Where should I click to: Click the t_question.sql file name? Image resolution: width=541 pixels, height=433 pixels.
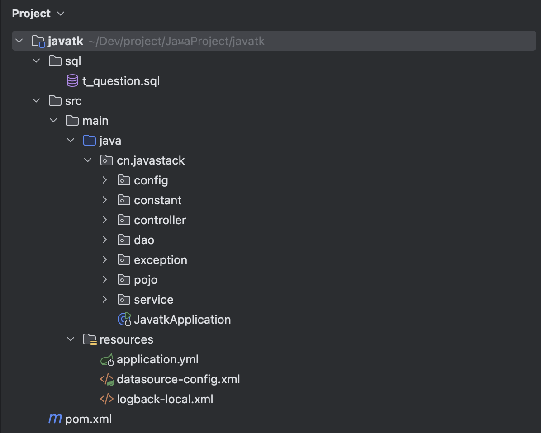[x=121, y=81]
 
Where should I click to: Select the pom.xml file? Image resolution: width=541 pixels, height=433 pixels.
[x=88, y=419]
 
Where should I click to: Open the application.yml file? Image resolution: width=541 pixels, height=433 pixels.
[x=157, y=359]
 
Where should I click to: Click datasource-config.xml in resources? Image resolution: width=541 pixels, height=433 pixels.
[x=178, y=379]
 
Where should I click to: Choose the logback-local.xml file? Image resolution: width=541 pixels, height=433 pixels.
[x=165, y=399]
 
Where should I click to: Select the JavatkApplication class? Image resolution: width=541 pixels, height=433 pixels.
[x=182, y=320]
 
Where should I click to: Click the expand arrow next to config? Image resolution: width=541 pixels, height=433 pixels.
[x=105, y=180]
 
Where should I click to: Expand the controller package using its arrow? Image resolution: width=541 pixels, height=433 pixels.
[x=105, y=220]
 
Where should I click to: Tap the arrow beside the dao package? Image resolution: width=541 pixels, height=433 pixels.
[x=105, y=240]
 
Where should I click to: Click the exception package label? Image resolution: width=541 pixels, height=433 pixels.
[x=160, y=260]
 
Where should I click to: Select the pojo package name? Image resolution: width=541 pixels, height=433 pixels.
[x=146, y=280]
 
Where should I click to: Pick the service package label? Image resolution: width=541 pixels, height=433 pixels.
[x=153, y=300]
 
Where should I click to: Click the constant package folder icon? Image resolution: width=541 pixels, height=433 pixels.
[x=123, y=200]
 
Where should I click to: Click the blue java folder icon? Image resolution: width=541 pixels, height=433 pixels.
[x=90, y=141]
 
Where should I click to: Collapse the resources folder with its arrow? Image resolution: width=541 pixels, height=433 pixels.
[x=71, y=339]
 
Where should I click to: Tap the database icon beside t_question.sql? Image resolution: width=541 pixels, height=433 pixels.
[x=72, y=81]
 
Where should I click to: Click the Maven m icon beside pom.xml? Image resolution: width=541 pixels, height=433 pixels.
[x=55, y=419]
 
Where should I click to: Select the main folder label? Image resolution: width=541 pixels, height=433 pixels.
[x=95, y=121]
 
